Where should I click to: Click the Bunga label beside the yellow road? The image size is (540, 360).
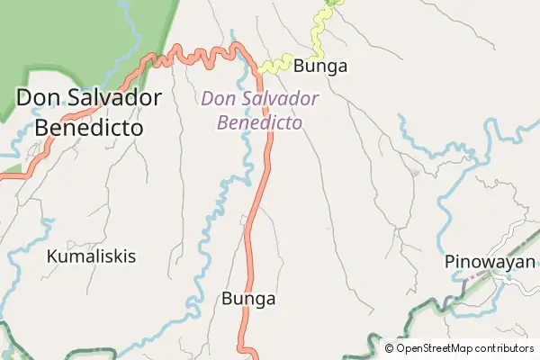pyautogui.click(x=320, y=66)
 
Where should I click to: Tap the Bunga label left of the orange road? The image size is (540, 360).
pyautogui.click(x=248, y=299)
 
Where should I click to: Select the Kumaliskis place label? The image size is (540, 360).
pyautogui.click(x=92, y=256)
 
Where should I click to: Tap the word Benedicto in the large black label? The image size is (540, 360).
pyautogui.click(x=89, y=127)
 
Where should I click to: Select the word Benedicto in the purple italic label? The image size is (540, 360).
pyautogui.click(x=259, y=121)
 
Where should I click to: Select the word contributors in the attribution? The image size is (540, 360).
pyautogui.click(x=506, y=348)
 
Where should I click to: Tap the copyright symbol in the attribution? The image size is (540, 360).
pyautogui.click(x=390, y=348)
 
